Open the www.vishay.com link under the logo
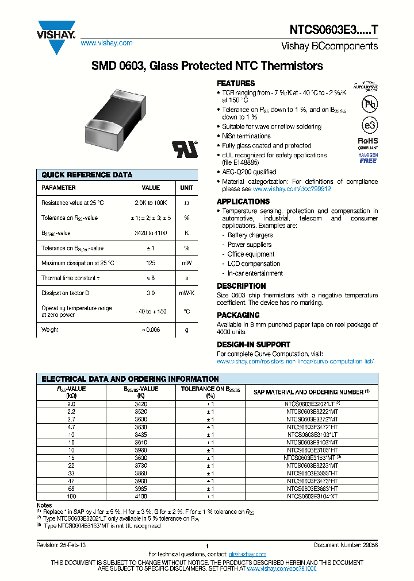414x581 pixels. click(106, 43)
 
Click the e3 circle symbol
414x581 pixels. click(367, 125)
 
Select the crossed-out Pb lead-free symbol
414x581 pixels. click(367, 104)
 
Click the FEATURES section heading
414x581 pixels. click(236, 83)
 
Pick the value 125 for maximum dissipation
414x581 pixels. click(151, 263)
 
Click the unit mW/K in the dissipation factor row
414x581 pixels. click(186, 293)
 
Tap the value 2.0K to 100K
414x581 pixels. click(151, 203)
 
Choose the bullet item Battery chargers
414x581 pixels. click(250, 235)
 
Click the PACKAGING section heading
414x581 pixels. click(238, 315)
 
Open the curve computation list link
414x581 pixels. click(295, 361)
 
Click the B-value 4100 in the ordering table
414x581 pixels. click(141, 497)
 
